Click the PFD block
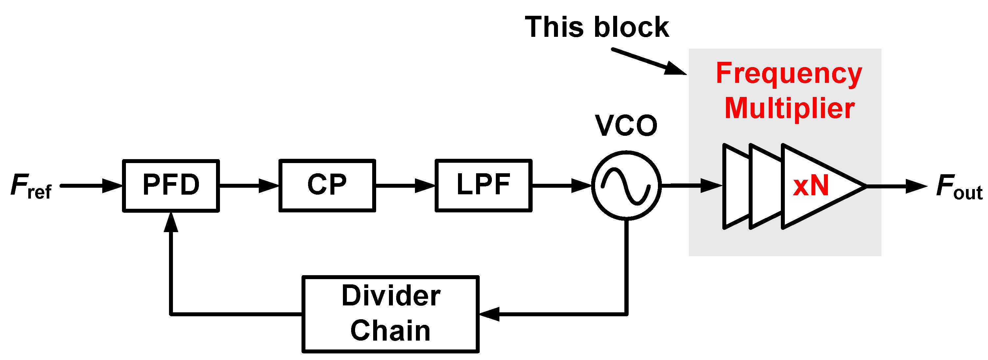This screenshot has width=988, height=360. pyautogui.click(x=171, y=185)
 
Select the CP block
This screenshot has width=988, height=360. pyautogui.click(x=327, y=185)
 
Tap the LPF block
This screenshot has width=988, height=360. pyautogui.click(x=483, y=185)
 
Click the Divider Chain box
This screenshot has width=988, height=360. pyautogui.click(x=391, y=314)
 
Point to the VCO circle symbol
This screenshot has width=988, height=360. pyautogui.click(x=626, y=185)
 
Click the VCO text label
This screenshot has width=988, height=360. pyautogui.click(x=626, y=126)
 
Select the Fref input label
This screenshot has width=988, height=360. pyautogui.click(x=31, y=186)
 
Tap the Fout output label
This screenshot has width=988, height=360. pyautogui.click(x=959, y=187)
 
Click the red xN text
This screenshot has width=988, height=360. pyautogui.click(x=811, y=185)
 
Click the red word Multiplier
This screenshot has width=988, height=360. pyautogui.click(x=789, y=108)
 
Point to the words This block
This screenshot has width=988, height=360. pyautogui.click(x=597, y=27)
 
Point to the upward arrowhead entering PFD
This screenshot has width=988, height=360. pyautogui.click(x=171, y=222)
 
